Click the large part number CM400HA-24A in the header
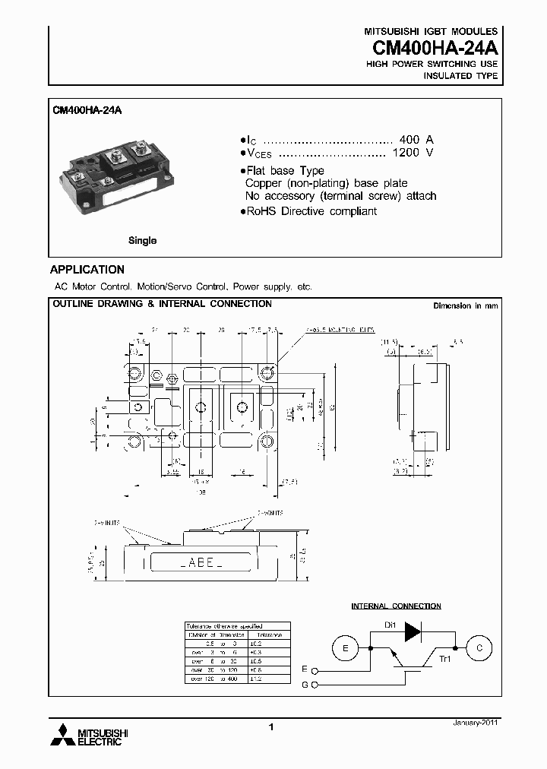coord(435,47)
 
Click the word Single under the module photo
coord(142,240)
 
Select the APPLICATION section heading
coord(87,270)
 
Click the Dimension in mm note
coord(465,305)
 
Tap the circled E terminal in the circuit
coord(346,648)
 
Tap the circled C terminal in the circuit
coord(479,648)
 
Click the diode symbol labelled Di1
coord(413,631)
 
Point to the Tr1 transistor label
coord(445,660)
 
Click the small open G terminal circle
coord(315,686)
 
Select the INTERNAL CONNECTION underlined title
coord(396,606)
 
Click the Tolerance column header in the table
coord(268,633)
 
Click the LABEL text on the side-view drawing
coord(201,564)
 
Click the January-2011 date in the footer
coord(474,724)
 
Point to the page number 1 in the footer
coord(271,728)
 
